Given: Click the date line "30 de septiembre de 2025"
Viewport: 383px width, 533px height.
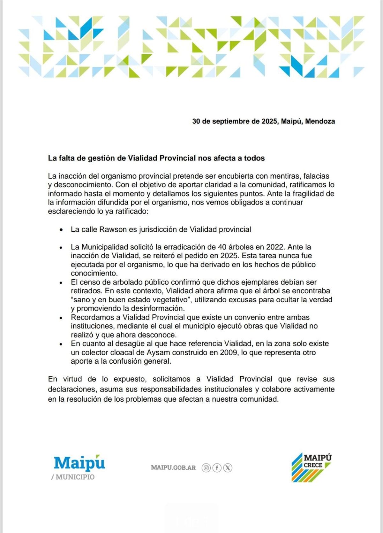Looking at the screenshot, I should (x=235, y=121).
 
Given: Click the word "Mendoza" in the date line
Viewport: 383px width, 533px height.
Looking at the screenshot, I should (x=320, y=121).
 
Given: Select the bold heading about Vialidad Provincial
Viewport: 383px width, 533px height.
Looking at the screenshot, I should (x=156, y=158).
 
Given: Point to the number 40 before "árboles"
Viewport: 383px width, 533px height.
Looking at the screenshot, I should (x=222, y=247).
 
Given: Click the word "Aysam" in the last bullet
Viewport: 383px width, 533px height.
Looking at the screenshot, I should (x=156, y=352).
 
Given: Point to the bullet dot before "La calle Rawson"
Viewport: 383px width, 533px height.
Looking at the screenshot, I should (x=61, y=230).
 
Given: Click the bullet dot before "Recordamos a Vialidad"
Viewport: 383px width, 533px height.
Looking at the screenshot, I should (x=61, y=318).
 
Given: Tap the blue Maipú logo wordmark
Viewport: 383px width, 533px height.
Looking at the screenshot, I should (x=79, y=463).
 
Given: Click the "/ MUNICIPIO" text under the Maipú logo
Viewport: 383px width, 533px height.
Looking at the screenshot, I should (x=73, y=477).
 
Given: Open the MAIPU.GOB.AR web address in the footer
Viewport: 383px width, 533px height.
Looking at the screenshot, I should (x=173, y=468).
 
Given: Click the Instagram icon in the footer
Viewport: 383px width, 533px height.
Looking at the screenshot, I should (x=206, y=468).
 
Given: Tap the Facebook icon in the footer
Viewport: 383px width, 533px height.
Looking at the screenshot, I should (x=217, y=468).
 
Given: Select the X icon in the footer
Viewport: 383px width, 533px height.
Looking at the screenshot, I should (x=228, y=468).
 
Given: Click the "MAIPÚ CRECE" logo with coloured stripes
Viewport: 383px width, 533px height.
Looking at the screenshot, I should (x=312, y=467).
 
